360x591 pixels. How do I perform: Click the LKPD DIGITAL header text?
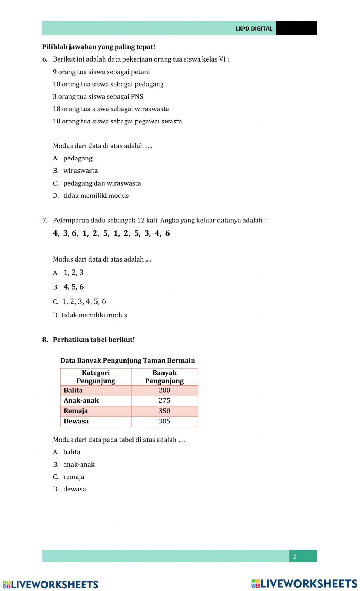click(x=254, y=28)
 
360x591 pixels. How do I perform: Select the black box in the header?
click(x=296, y=28)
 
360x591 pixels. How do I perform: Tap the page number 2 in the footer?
click(x=294, y=556)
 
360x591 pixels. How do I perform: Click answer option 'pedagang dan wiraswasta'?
click(x=102, y=183)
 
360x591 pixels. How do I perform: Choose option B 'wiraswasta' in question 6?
click(x=80, y=171)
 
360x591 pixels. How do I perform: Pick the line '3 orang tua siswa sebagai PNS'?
click(x=98, y=96)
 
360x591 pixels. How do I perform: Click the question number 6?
click(x=45, y=59)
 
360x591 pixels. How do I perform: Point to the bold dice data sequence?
click(x=111, y=233)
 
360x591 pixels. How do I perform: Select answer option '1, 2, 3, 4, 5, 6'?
click(x=84, y=301)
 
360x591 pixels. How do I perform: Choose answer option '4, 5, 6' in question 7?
click(x=73, y=287)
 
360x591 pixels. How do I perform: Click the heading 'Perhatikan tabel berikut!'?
click(x=94, y=340)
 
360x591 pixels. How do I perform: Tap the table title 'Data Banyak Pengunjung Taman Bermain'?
click(x=127, y=360)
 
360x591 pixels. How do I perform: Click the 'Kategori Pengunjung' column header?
click(x=96, y=377)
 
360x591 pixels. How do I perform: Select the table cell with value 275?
click(x=164, y=400)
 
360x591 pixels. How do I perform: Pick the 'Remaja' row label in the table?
click(x=76, y=411)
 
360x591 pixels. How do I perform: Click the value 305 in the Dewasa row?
click(x=164, y=421)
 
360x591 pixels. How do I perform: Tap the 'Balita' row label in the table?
click(x=73, y=390)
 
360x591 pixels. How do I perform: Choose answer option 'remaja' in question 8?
click(x=73, y=477)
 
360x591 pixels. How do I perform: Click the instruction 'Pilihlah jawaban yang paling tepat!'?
click(x=99, y=47)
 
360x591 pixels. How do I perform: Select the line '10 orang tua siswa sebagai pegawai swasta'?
click(x=117, y=121)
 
